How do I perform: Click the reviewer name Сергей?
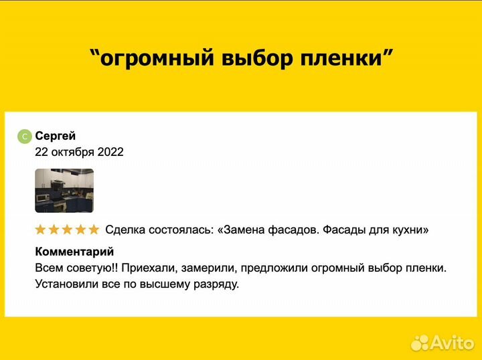[56, 136]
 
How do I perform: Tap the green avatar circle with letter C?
[24, 137]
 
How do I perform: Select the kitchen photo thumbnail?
[64, 191]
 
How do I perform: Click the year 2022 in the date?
[110, 152]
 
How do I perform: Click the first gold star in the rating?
[41, 230]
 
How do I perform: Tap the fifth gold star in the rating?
[94, 230]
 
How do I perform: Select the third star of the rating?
[67, 230]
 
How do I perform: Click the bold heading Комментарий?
[74, 252]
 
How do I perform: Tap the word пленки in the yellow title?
[347, 58]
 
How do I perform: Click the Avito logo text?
[453, 343]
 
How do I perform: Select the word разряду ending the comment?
[216, 284]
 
